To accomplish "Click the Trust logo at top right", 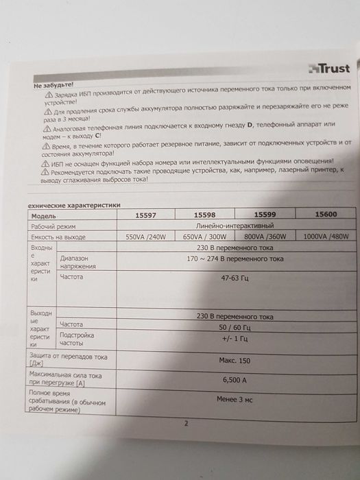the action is pos(328,67).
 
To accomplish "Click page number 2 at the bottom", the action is pos(186,423).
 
